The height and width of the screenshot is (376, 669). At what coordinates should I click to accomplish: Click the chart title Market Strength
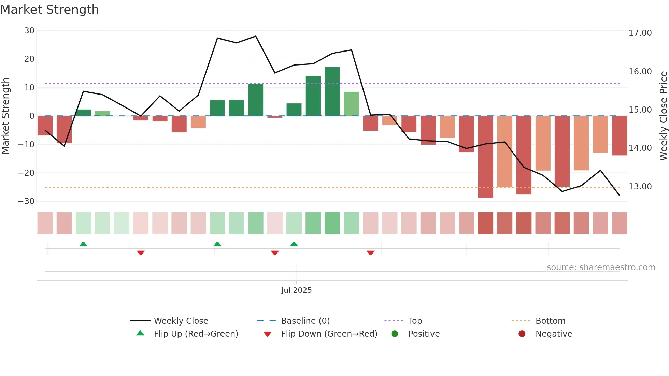[x=49, y=10]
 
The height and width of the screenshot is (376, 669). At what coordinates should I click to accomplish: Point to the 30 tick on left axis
[x=29, y=31]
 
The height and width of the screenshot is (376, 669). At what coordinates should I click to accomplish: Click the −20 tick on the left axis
[x=26, y=173]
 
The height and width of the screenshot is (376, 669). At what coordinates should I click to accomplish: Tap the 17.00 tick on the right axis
[x=640, y=33]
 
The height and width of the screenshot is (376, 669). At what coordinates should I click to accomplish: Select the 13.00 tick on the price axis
[x=640, y=187]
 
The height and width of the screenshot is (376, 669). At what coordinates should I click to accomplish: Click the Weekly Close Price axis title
[x=663, y=116]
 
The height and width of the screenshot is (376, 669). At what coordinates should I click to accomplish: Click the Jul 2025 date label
[x=296, y=290]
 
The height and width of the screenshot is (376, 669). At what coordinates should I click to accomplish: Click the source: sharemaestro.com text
[x=601, y=267]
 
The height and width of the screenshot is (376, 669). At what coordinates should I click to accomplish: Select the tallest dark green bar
[x=332, y=91]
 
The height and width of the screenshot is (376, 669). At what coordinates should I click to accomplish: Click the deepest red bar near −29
[x=485, y=157]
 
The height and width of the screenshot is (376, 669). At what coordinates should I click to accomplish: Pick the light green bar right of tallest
[x=351, y=104]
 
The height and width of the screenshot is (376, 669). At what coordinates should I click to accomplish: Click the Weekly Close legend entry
[x=181, y=321]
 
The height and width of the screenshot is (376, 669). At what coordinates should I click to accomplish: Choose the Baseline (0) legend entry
[x=305, y=321]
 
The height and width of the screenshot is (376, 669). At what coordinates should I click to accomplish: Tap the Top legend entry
[x=415, y=321]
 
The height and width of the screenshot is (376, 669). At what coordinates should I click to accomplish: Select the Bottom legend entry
[x=550, y=321]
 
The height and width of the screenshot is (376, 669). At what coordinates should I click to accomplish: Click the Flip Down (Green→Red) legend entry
[x=329, y=334]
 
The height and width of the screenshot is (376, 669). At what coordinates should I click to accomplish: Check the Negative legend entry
[x=553, y=334]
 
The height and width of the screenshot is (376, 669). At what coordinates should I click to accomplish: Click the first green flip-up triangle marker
[x=83, y=244]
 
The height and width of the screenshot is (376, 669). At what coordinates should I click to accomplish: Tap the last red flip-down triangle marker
[x=371, y=253]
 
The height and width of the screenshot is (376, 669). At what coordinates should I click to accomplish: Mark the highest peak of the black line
[x=256, y=36]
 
